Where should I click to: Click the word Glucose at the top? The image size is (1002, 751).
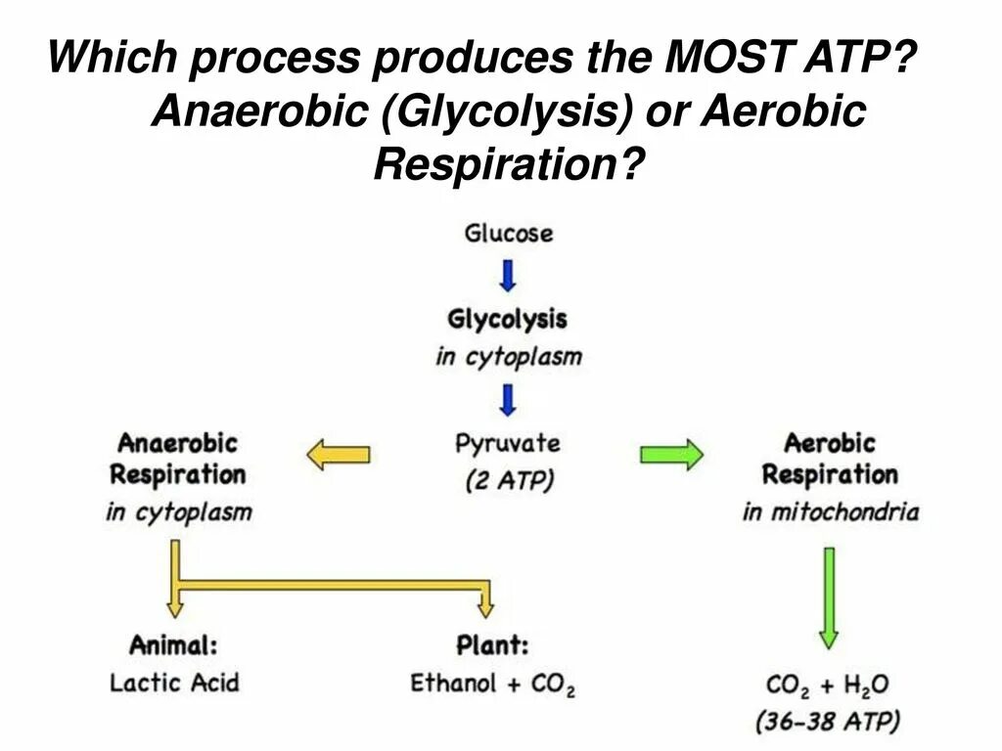508,235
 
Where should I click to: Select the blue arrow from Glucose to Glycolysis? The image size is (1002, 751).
508,276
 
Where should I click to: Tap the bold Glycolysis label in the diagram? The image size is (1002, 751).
507,320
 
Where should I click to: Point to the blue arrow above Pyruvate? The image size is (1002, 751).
508,399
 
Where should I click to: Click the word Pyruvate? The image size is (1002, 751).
507,444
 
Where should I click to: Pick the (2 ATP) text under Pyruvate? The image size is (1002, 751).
507,480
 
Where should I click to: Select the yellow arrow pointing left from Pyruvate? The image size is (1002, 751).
339,455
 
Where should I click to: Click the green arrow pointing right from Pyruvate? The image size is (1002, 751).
671,455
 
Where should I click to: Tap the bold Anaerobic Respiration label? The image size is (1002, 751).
177,459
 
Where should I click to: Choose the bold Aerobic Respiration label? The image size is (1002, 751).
829,459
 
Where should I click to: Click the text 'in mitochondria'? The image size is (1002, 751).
830,511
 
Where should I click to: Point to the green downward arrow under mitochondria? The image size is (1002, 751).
828,597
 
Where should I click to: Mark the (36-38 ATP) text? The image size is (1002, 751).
828,722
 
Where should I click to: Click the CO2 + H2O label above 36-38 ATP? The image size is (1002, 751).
828,685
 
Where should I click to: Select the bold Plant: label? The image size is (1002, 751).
492,645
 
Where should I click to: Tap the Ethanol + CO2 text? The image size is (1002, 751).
492,683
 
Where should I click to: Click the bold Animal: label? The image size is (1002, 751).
173,645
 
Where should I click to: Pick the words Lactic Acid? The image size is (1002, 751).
173,682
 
